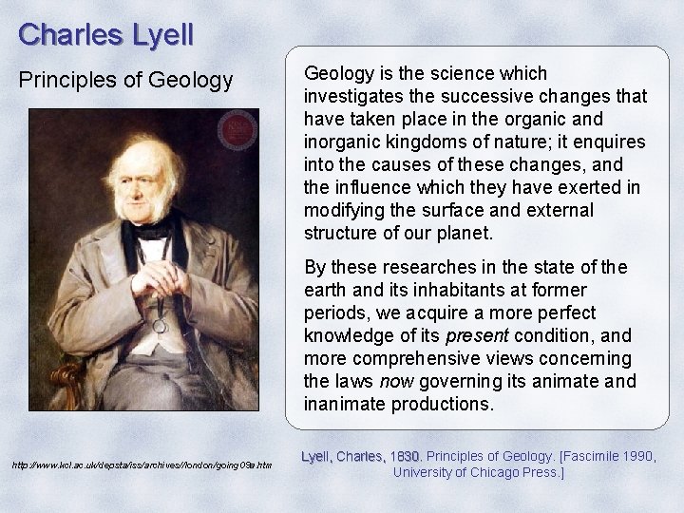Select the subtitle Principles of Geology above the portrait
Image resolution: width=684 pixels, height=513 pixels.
[x=126, y=81]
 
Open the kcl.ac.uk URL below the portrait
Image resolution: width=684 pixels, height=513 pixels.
[x=142, y=465]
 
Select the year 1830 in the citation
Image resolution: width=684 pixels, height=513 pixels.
[x=406, y=456]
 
